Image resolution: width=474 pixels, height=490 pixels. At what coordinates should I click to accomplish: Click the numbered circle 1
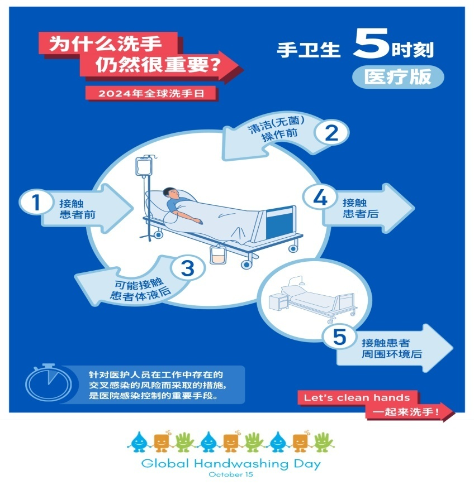[36, 203]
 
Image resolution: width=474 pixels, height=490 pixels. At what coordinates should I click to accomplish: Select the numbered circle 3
[187, 268]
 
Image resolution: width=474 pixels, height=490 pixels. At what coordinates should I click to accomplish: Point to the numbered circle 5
[340, 338]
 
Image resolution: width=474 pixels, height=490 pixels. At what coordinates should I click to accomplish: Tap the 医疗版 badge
[397, 77]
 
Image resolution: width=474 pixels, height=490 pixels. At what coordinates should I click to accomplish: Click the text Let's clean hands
[357, 398]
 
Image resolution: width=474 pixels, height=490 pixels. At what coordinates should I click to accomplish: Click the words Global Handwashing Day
[231, 463]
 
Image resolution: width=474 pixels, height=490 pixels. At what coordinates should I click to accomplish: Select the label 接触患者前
[74, 208]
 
